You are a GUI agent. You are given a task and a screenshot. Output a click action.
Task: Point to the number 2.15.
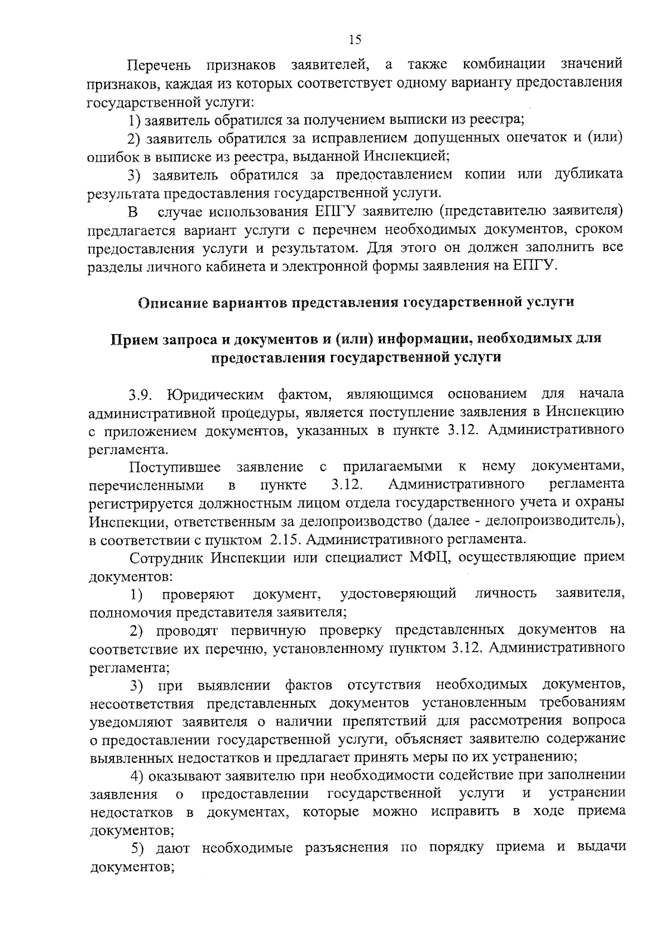click(x=285, y=540)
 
